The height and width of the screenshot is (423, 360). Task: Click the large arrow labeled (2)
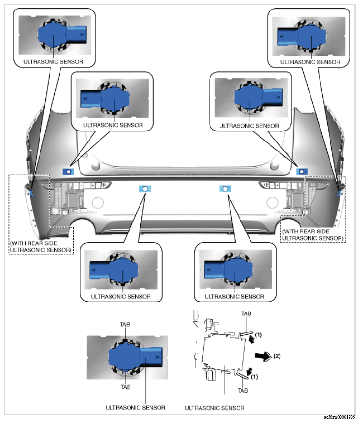click(263, 356)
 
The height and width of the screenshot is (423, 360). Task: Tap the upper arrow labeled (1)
click(251, 339)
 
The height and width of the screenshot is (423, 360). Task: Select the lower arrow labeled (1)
click(249, 371)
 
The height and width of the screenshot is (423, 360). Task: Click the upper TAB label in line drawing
click(246, 314)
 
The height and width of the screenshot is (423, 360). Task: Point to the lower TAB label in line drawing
click(243, 390)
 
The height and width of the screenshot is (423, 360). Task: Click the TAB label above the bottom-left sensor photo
click(125, 324)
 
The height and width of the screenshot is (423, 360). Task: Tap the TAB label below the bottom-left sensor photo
click(126, 387)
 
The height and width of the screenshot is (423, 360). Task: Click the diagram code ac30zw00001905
click(340, 417)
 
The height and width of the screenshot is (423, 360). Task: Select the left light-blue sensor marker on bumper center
click(145, 189)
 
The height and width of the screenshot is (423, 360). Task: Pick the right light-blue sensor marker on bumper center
click(225, 189)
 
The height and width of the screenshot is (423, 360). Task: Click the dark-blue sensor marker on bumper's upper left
click(69, 171)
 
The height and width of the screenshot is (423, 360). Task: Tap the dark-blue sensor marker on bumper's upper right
click(302, 171)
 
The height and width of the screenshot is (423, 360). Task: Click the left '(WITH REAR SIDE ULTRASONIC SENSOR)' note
click(41, 247)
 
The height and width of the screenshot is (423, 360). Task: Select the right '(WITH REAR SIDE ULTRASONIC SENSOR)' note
click(313, 235)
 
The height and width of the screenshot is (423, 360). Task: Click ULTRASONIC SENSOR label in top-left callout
click(53, 62)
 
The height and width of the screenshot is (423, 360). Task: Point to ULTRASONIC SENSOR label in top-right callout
click(310, 62)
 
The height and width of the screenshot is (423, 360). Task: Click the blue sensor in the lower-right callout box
click(229, 270)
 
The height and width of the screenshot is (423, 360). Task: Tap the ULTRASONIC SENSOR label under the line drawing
click(215, 408)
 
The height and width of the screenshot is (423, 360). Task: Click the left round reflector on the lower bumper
click(98, 202)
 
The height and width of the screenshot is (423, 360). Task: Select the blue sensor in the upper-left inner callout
click(105, 99)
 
